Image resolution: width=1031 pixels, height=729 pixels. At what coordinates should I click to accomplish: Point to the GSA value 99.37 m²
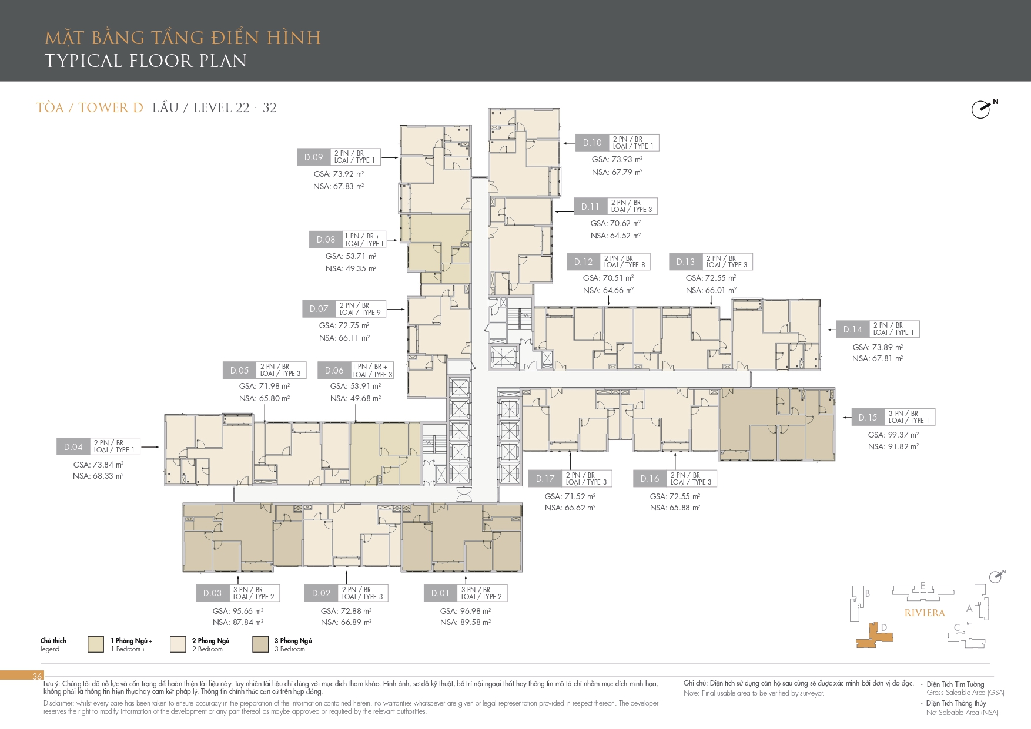tap(893, 435)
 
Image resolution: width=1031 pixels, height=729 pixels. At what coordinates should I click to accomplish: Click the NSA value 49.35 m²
tap(351, 268)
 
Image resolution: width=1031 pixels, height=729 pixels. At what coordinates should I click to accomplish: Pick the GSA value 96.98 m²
tap(466, 611)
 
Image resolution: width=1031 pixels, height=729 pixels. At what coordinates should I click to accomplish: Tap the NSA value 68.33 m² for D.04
tap(98, 476)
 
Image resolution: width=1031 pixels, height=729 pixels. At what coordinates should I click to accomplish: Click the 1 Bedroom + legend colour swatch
tap(96, 644)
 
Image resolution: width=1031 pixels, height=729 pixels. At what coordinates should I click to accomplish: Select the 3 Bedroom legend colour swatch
tap(260, 644)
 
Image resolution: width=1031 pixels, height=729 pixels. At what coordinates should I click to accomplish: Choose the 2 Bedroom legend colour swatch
tap(178, 644)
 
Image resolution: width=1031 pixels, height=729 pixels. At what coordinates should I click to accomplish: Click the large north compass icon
tap(982, 109)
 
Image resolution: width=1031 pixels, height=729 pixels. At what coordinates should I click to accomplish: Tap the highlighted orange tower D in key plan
tap(875, 636)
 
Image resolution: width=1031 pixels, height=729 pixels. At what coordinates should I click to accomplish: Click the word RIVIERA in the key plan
tap(925, 613)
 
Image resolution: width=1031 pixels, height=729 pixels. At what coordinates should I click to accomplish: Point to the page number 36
tap(37, 676)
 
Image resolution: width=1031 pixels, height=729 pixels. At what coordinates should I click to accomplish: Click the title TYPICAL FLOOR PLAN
tap(146, 61)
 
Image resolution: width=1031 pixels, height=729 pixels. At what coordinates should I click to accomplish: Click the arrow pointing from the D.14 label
tap(831, 330)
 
